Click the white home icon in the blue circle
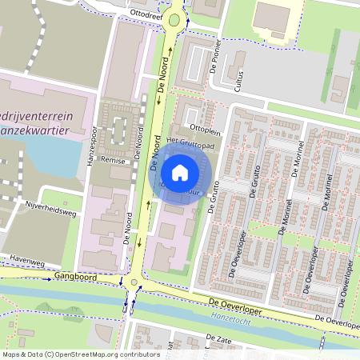click(x=180, y=173)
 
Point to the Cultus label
click(x=235, y=78)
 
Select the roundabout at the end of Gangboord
click(x=133, y=282)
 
